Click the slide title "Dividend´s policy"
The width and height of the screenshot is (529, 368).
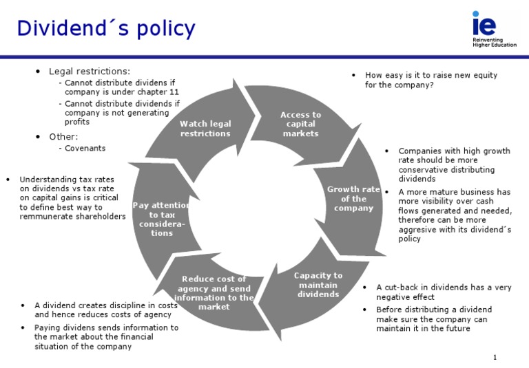pyautogui.click(x=106, y=29)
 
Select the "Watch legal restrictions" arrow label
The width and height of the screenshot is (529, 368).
pyautogui.click(x=205, y=129)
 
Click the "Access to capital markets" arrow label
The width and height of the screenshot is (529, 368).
pyautogui.click(x=301, y=124)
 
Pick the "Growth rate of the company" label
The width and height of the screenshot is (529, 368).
pyautogui.click(x=353, y=199)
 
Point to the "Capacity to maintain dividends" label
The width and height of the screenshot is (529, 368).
pyautogui.click(x=318, y=285)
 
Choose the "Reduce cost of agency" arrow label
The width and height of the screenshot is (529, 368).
pyautogui.click(x=214, y=292)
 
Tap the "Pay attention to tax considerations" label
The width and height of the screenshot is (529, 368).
pyautogui.click(x=163, y=219)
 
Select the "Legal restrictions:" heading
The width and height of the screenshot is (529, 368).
pyautogui.click(x=90, y=71)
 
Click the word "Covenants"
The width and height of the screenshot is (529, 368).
pyautogui.click(x=85, y=148)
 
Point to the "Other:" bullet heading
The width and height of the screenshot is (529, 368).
pyautogui.click(x=63, y=136)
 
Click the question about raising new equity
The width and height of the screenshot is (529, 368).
pyautogui.click(x=431, y=80)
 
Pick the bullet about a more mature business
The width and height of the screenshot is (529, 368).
pyautogui.click(x=455, y=215)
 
